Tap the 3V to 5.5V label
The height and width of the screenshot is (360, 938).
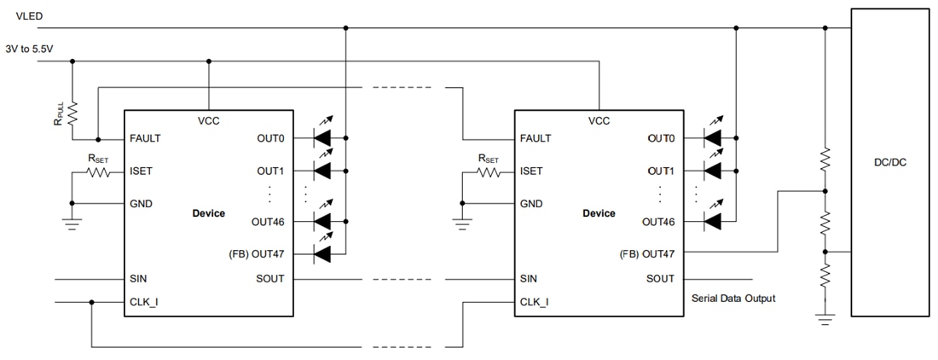(x=29, y=49)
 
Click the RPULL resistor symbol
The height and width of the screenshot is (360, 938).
(x=72, y=113)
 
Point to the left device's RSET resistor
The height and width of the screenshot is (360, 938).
(x=100, y=171)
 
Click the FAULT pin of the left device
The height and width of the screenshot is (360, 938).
(x=145, y=138)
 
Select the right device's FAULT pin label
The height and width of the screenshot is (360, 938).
(x=536, y=138)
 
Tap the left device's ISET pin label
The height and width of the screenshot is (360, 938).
(x=142, y=171)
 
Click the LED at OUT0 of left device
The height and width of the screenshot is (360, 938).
(x=321, y=137)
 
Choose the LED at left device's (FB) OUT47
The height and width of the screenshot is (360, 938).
(x=321, y=253)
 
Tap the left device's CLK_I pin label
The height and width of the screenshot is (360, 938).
(x=144, y=302)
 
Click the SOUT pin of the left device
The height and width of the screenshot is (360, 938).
(x=270, y=279)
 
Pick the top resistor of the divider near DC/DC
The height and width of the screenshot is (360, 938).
(x=825, y=159)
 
